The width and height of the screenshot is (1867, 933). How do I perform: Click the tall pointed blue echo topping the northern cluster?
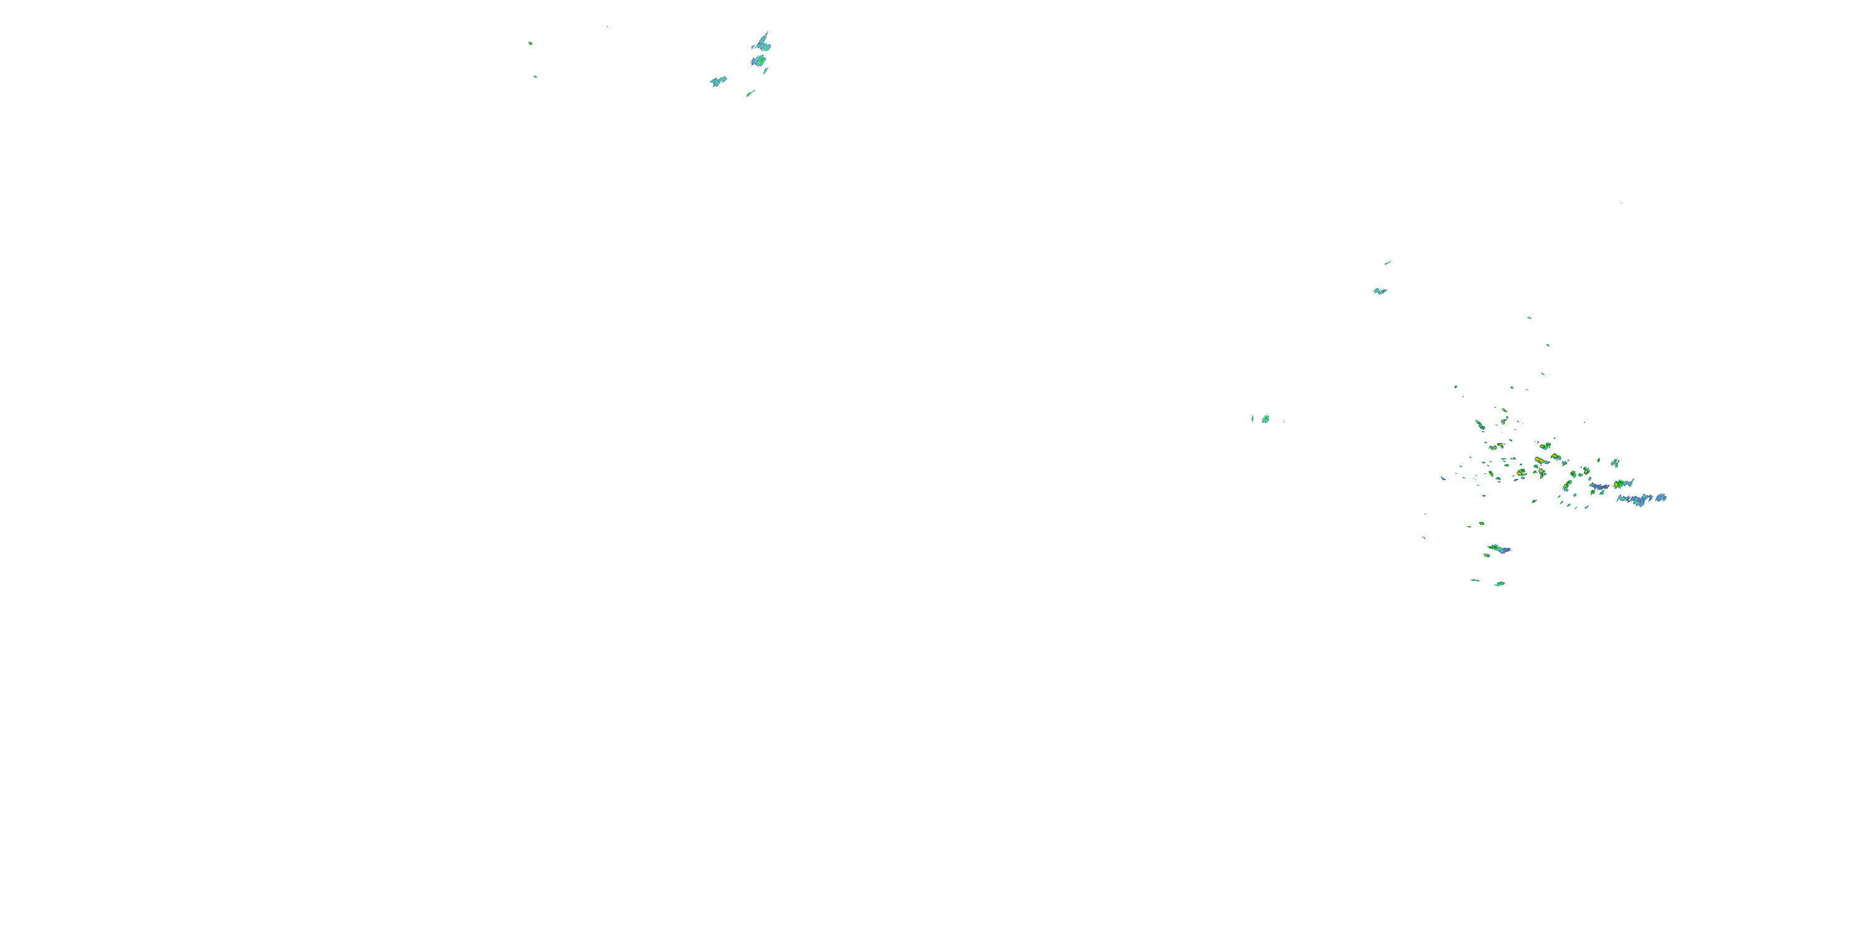coord(762,41)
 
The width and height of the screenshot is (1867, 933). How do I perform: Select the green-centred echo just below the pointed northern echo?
coord(759,61)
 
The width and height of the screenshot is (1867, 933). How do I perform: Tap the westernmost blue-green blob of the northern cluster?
coord(718,80)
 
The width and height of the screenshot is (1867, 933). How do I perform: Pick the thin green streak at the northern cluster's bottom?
coord(751,93)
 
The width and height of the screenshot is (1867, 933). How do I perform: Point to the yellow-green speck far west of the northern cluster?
coord(530,44)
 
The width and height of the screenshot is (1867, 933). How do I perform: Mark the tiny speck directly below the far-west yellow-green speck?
coord(536,76)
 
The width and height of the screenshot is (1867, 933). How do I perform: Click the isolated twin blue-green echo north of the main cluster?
coord(1379,291)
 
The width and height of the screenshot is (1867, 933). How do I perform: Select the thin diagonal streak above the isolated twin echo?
coord(1387,262)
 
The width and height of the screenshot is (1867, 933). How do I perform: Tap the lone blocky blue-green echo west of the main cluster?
coord(1265,419)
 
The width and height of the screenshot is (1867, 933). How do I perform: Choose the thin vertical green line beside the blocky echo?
coord(1252,418)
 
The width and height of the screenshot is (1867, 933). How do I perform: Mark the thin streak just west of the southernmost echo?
coord(1475,580)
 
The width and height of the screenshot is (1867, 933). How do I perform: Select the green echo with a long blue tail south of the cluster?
coord(1498,549)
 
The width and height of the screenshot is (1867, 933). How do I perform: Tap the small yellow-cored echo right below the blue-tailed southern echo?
coord(1487,555)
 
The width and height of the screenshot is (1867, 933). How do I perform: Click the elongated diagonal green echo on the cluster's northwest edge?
coord(1479,424)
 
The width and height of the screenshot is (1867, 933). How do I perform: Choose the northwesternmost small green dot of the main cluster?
coord(1456,387)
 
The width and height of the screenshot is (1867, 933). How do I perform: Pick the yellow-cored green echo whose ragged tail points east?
coord(1621,483)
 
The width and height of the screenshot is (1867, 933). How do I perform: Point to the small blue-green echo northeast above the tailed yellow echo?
coord(1615,462)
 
